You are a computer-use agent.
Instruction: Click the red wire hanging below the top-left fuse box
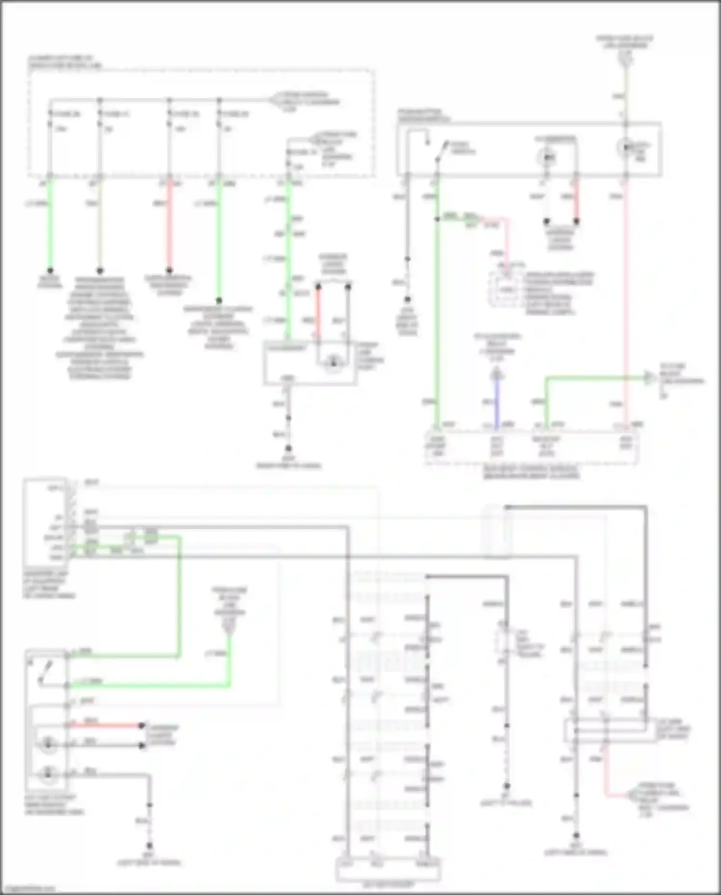[169, 226]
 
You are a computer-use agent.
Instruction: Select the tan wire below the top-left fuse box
[100, 226]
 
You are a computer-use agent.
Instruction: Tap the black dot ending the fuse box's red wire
[169, 271]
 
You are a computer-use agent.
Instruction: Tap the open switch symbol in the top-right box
[440, 151]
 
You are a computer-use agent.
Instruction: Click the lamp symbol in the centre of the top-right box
[547, 157]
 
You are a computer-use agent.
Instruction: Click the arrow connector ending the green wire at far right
[650, 378]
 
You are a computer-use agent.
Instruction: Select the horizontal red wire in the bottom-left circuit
[106, 725]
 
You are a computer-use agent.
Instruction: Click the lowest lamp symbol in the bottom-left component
[48, 773]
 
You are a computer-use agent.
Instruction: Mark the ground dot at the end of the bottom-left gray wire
[149, 845]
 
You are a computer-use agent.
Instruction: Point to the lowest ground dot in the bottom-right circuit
[576, 836]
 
